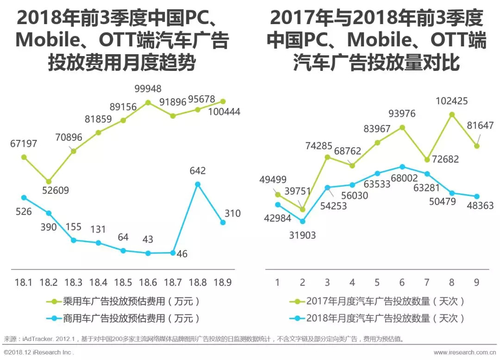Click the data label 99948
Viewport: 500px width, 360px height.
click(148, 88)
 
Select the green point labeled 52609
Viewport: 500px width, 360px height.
click(49, 182)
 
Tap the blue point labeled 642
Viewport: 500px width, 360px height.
click(198, 184)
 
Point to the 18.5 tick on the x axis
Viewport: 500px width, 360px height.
click(123, 282)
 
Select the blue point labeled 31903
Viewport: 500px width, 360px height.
click(303, 221)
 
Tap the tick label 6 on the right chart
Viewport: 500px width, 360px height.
click(402, 282)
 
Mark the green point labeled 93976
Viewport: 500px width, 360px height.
click(402, 127)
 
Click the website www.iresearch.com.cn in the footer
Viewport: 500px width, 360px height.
click(464, 353)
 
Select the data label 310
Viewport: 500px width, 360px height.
click(233, 214)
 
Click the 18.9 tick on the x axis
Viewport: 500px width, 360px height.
click(223, 282)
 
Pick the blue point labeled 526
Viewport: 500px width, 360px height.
click(24, 197)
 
